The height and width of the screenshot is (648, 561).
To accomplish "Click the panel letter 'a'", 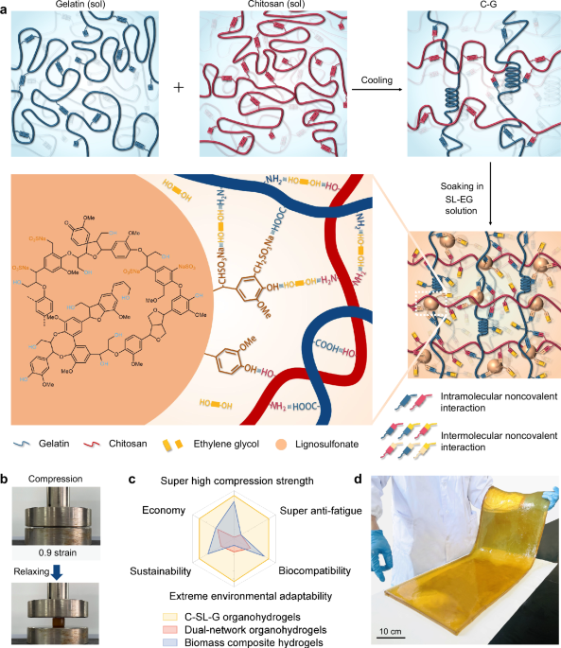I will point(7,8).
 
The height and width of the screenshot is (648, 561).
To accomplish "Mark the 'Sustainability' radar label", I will point(164,570).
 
